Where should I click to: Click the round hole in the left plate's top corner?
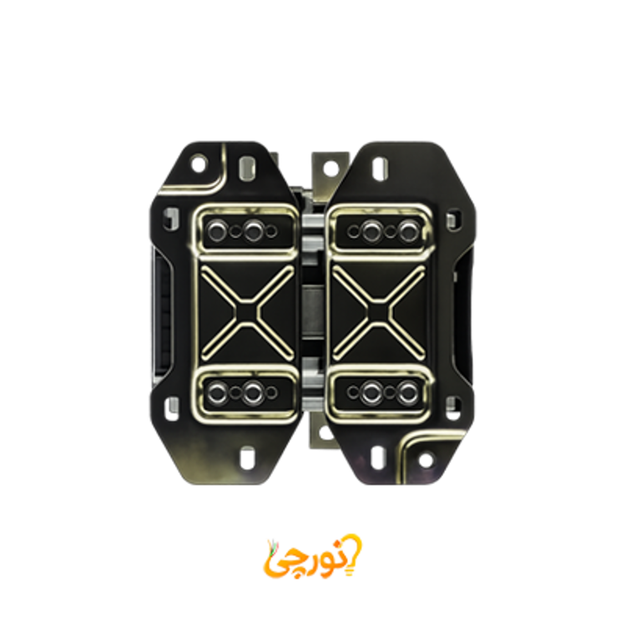coord(199,164)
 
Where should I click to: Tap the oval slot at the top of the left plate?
coord(247,168)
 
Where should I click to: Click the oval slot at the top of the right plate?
coord(379,168)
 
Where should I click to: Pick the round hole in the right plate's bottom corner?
coord(426,460)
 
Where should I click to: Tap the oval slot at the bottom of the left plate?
coord(247,457)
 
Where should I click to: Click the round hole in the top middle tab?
coord(331,168)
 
